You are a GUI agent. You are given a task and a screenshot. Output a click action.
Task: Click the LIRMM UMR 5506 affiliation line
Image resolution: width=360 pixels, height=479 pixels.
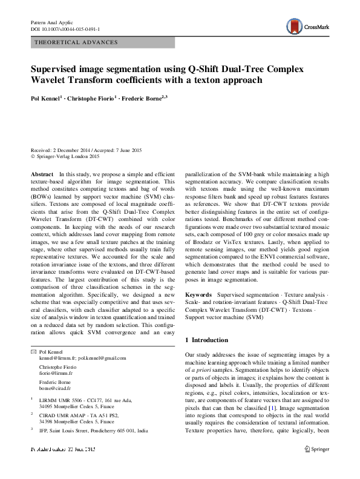click(x=80, y=400)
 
